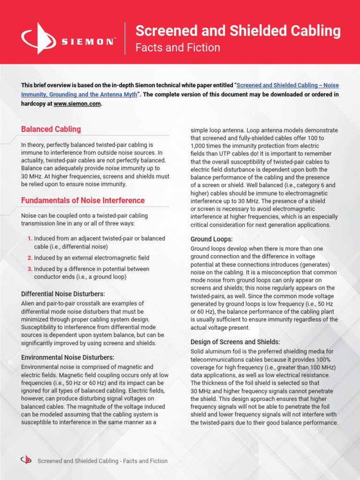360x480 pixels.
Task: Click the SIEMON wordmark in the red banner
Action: tap(89, 42)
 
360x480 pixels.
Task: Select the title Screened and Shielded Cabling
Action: tap(238, 31)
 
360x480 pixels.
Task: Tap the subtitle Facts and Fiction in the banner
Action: tap(178, 48)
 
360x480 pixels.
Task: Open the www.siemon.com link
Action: tap(77, 104)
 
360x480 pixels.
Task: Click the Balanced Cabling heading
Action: tap(51, 129)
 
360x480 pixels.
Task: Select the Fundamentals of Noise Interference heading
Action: tap(83, 201)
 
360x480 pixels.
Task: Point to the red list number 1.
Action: tap(30, 238)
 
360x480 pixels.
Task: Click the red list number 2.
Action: tap(30, 258)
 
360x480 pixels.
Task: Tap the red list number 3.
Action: tap(30, 269)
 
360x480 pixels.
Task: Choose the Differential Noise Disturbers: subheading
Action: tap(63, 294)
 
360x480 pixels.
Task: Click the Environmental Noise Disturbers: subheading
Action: tap(67, 357)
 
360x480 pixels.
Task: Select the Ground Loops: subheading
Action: tap(211, 239)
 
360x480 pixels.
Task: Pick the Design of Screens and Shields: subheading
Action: tap(235, 342)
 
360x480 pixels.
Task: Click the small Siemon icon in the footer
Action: tap(26, 460)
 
